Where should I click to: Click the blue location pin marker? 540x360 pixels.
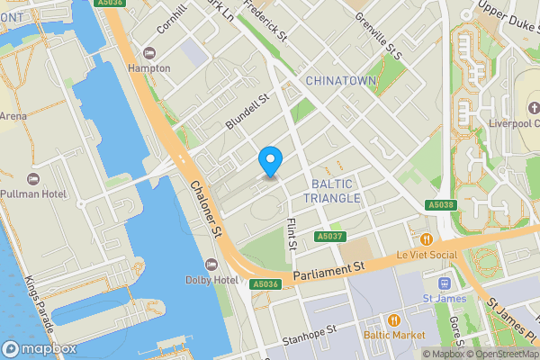pyautogui.click(x=270, y=160)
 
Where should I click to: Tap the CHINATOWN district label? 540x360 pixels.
pyautogui.click(x=340, y=81)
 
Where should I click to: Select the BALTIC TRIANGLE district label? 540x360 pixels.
pyautogui.click(x=332, y=191)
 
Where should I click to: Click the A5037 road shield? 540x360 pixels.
pyautogui.click(x=328, y=237)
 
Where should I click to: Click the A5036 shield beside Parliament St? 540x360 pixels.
pyautogui.click(x=265, y=284)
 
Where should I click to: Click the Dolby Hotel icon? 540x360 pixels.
pyautogui.click(x=212, y=264)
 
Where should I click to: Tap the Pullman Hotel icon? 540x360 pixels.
pyautogui.click(x=32, y=179)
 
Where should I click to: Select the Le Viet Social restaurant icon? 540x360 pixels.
pyautogui.click(x=427, y=239)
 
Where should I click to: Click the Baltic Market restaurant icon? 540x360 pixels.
pyautogui.click(x=393, y=319)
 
